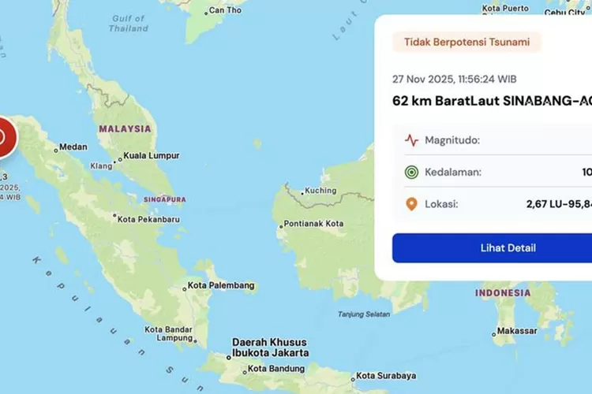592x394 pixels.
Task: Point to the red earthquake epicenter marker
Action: tap(2, 136)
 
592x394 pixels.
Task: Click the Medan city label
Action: tap(73, 147)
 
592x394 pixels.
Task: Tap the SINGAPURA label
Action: tap(164, 199)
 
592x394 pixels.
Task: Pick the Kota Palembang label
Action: tap(221, 285)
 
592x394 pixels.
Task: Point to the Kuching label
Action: tap(321, 191)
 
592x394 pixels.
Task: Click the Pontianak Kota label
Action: tap(314, 224)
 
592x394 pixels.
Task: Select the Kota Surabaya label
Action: tap(387, 376)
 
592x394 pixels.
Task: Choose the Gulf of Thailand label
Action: tap(129, 24)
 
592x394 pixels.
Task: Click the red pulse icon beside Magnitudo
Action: tap(411, 140)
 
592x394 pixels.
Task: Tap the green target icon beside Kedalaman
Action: tap(411, 173)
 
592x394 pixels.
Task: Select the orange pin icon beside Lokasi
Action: tap(411, 204)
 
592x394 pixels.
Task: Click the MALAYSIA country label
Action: tap(125, 128)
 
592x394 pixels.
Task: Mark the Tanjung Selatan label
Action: tap(364, 314)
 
